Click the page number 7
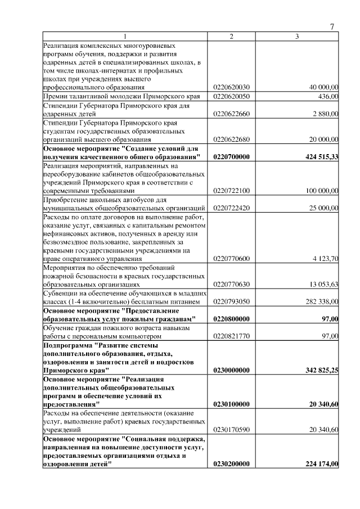pyautogui.click(x=332, y=27)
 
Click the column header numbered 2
pyautogui.click(x=231, y=37)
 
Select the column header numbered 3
pyautogui.click(x=297, y=37)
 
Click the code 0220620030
pyautogui.click(x=231, y=87)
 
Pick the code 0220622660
pyautogui.click(x=231, y=114)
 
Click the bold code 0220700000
pyautogui.click(x=231, y=156)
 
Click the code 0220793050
pyautogui.click(x=231, y=301)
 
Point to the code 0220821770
pyautogui.click(x=231, y=336)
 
